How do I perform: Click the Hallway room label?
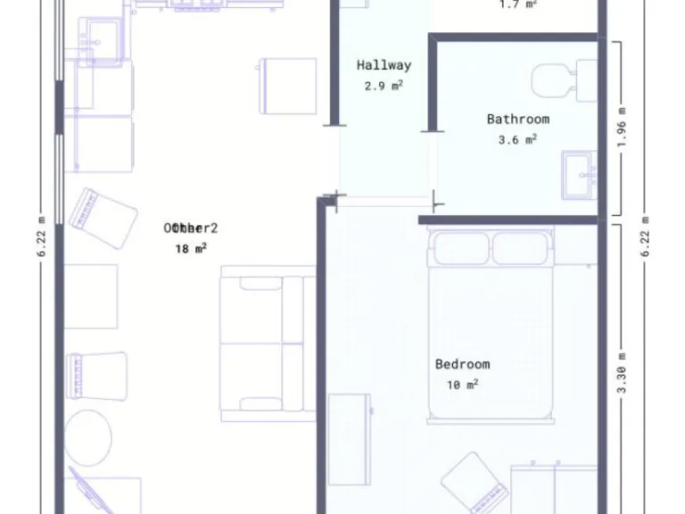(x=384, y=65)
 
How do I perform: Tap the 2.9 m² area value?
(x=384, y=87)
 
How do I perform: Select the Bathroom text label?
(x=517, y=119)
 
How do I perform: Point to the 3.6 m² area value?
(x=517, y=139)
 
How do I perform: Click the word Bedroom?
(x=462, y=364)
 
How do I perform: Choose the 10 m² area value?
(x=462, y=385)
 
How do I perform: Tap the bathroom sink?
(x=581, y=174)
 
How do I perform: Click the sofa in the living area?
(x=268, y=343)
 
